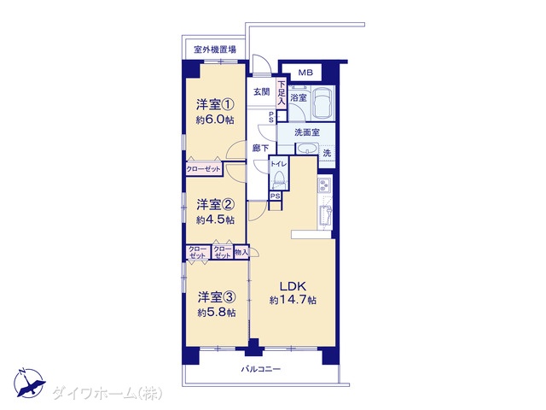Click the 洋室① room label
(x=215, y=104)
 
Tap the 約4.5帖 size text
(x=215, y=220)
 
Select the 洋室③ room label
(x=217, y=297)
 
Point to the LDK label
(x=293, y=286)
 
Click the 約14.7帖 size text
(x=293, y=300)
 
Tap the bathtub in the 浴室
(x=322, y=102)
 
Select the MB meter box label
(x=305, y=73)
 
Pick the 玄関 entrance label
(x=262, y=92)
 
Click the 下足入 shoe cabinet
(x=282, y=93)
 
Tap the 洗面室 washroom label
(x=307, y=132)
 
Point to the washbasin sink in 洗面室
(x=306, y=149)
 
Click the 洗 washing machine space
(x=327, y=153)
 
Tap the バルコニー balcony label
(x=261, y=369)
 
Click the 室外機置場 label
(x=215, y=50)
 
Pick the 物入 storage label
(x=241, y=252)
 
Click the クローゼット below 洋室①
(x=204, y=169)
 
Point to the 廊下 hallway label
(x=260, y=148)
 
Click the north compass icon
(x=29, y=384)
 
